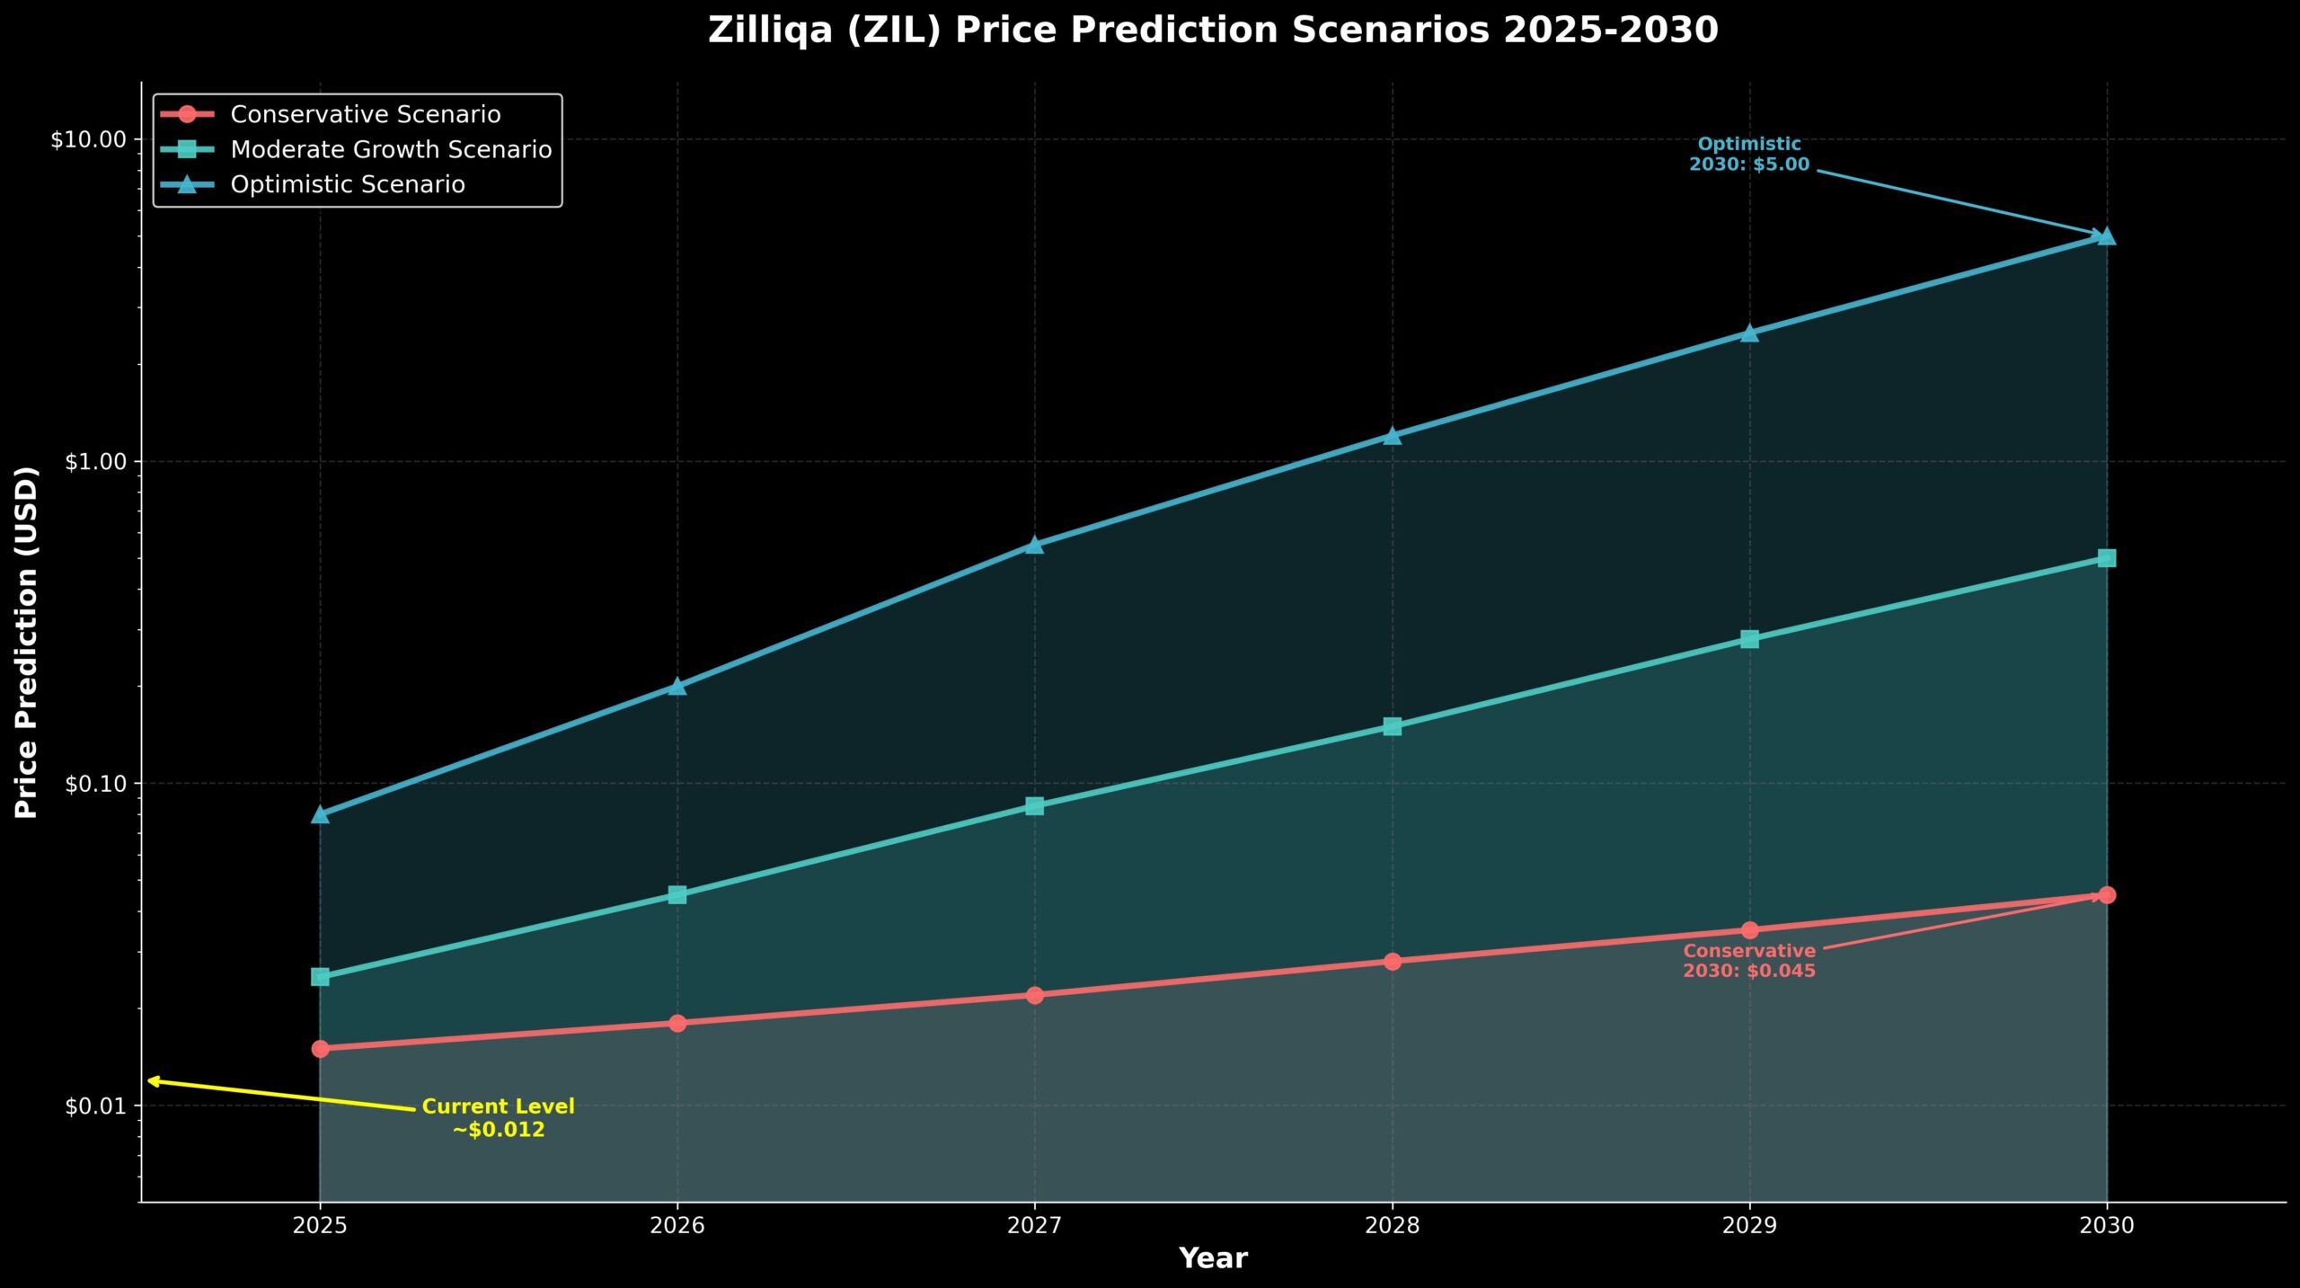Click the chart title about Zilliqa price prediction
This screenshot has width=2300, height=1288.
point(1212,31)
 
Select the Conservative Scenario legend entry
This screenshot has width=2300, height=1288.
point(365,114)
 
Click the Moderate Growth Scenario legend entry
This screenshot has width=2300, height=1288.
point(391,149)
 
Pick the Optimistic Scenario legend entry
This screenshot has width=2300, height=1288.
point(348,184)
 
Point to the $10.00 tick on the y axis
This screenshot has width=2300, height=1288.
point(88,140)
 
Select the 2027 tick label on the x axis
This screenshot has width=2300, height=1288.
point(1034,1225)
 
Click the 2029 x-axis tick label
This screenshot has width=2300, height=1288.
point(1749,1225)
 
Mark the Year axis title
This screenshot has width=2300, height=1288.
point(1212,1258)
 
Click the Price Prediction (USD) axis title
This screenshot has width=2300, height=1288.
point(27,642)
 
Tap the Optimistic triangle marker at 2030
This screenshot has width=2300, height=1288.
point(2106,236)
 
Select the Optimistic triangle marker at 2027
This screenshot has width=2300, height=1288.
point(1034,545)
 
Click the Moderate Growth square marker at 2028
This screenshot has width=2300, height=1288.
point(1392,726)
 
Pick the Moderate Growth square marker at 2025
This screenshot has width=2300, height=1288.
point(320,976)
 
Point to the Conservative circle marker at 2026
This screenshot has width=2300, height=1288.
point(677,1023)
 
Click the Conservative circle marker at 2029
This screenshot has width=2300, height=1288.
point(1749,930)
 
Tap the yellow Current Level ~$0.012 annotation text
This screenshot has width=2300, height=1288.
point(498,1118)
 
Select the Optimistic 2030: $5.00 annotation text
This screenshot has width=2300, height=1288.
point(1748,155)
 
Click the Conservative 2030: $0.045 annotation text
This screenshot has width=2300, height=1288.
point(1748,961)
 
